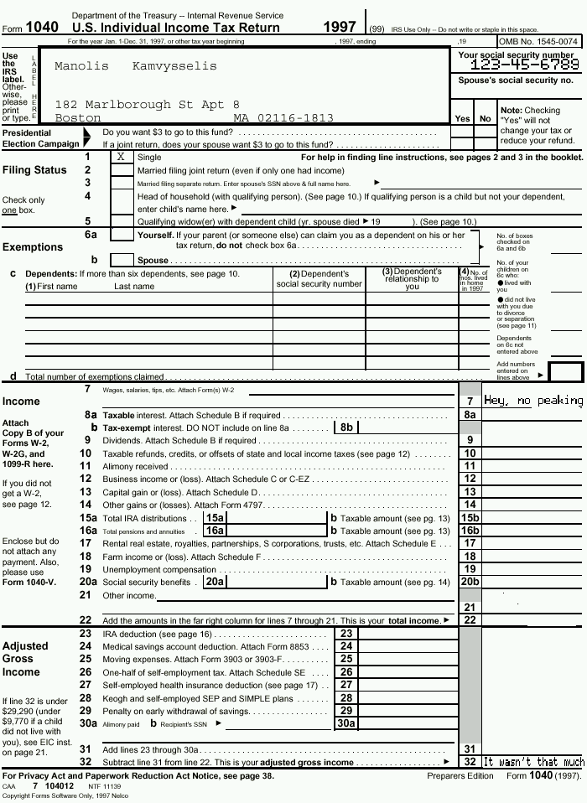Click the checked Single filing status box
122,157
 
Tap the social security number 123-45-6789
524,65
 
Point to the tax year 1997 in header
340,28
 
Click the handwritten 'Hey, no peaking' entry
533,401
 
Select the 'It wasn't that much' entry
533,762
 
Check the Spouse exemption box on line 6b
122,261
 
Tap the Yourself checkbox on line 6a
122,236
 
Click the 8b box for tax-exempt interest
346,427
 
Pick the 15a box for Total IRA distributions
215,518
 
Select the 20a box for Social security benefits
215,582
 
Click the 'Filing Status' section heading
34,170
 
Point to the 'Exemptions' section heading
33,247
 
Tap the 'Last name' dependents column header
134,287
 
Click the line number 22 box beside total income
470,620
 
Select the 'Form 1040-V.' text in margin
29,583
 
